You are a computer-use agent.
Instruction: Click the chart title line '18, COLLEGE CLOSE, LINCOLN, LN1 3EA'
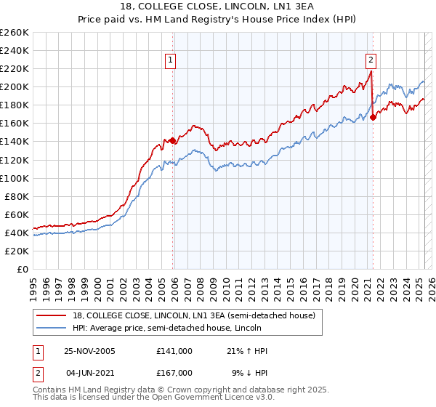(x=218, y=7)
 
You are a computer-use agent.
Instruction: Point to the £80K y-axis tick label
(x=16, y=196)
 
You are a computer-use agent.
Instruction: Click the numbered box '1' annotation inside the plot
(x=171, y=60)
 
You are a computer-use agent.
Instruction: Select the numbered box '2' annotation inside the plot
(x=371, y=60)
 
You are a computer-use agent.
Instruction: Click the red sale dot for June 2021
(x=373, y=116)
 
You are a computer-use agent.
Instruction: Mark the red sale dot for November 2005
(x=173, y=140)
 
